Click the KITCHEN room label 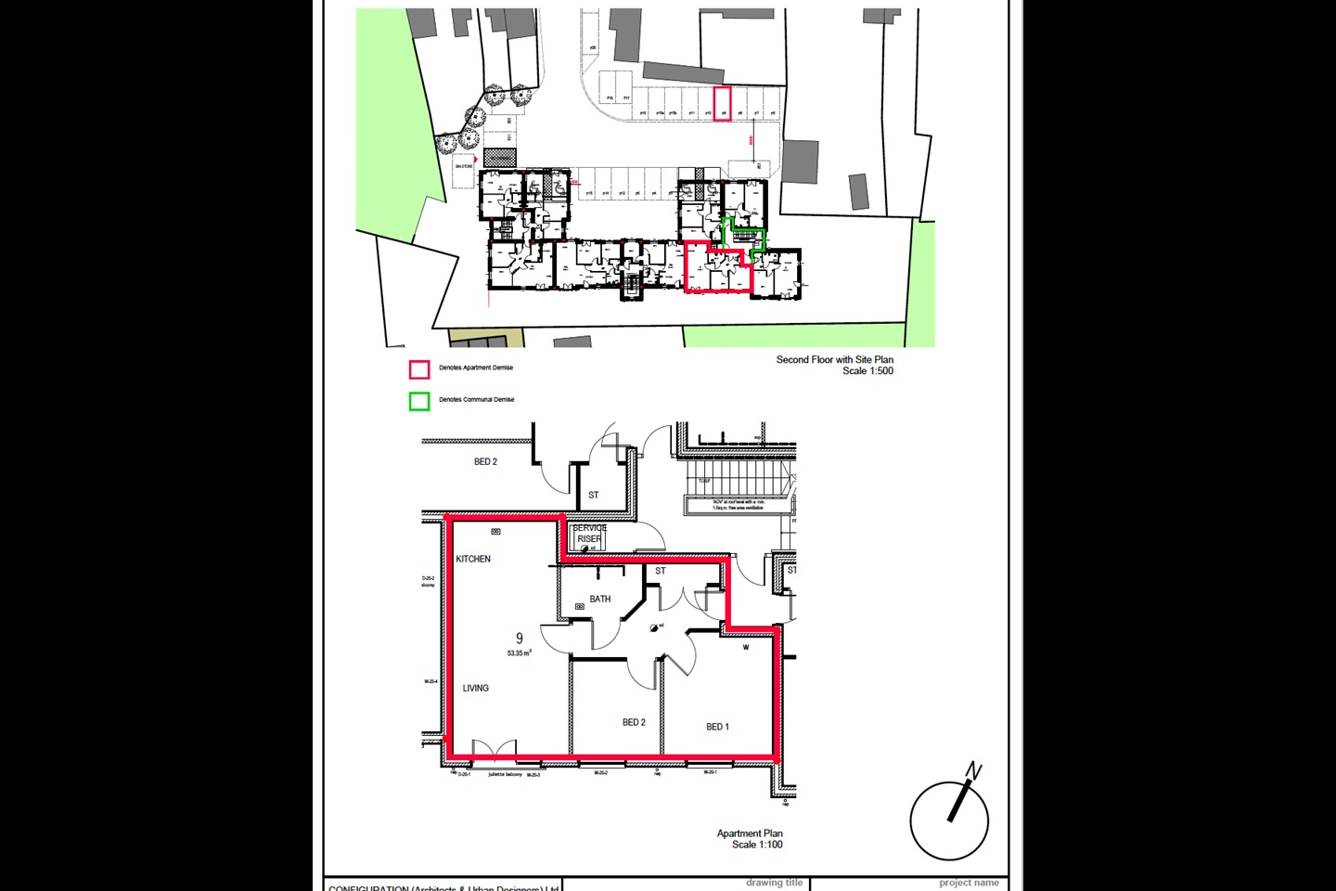click(473, 559)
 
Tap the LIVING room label click(476, 688)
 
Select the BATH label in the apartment click(600, 599)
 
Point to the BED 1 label click(717, 727)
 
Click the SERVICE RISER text click(589, 534)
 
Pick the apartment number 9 click(520, 639)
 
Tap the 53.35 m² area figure click(519, 653)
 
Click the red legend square click(419, 369)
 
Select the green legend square click(419, 401)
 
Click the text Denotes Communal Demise click(476, 400)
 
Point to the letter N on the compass click(973, 771)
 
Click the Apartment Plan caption click(750, 833)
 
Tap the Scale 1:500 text click(867, 371)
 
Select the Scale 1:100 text click(757, 845)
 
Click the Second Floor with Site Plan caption click(834, 359)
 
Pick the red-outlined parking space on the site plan click(722, 103)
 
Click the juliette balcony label click(505, 774)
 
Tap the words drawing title click(774, 883)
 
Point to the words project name click(969, 884)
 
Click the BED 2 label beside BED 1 click(634, 722)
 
